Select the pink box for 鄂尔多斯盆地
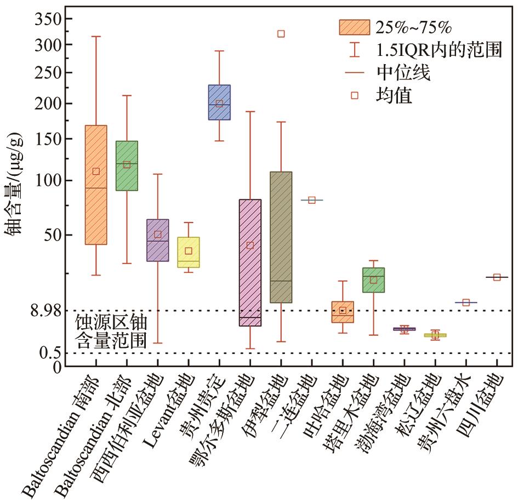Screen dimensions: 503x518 coord(250,262)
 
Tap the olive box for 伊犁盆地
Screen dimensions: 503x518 coord(281,237)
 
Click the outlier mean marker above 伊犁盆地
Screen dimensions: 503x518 coord(281,34)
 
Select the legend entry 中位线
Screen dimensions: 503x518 coord(403,72)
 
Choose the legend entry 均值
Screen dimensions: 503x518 coord(394,95)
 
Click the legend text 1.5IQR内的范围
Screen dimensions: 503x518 coord(439,50)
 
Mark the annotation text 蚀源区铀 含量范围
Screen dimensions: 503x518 coord(111,331)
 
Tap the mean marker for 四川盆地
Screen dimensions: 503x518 coord(497,277)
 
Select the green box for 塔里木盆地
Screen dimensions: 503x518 coord(373,280)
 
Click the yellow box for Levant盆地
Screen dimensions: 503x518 coord(189,252)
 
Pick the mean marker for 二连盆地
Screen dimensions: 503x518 coord(311,200)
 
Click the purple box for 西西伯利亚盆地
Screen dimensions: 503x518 coord(158,240)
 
